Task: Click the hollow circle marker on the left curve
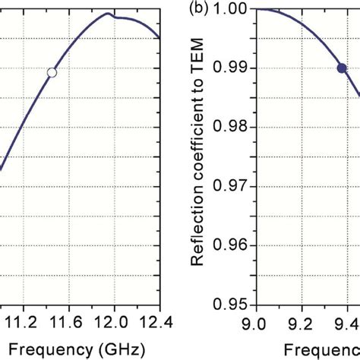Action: [52, 72]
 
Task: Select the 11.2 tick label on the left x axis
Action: [22, 324]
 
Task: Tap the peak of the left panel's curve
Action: [109, 14]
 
